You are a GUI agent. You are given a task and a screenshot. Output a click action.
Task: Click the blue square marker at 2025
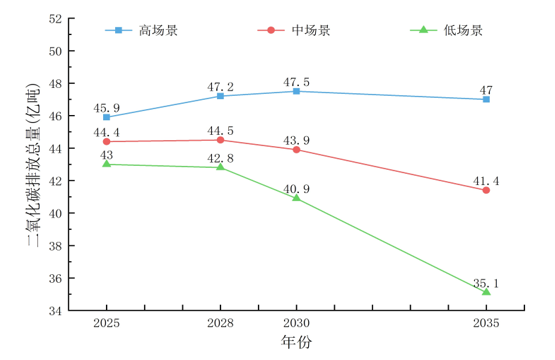(107, 117)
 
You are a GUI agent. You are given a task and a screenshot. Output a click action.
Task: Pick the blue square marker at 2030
(296, 91)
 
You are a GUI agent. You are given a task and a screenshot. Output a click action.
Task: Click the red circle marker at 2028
(221, 140)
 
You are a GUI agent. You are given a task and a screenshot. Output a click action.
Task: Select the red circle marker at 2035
(486, 190)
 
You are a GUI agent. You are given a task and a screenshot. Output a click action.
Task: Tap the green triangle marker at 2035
(486, 291)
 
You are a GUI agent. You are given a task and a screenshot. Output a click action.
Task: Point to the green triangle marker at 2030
(296, 198)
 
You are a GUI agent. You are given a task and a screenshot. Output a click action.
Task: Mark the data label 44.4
(107, 132)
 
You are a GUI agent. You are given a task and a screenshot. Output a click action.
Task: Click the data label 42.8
(221, 157)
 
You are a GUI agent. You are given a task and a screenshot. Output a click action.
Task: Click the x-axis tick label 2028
(221, 324)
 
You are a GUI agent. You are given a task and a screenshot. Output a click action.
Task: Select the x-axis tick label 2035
(486, 324)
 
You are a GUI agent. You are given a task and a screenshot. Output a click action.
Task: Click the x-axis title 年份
(295, 342)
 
